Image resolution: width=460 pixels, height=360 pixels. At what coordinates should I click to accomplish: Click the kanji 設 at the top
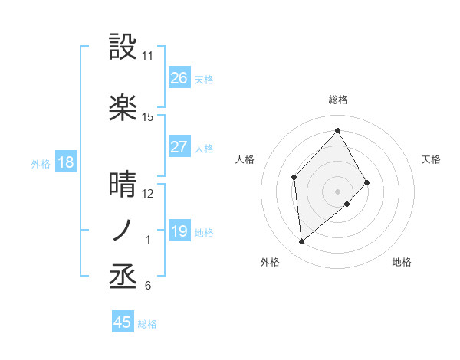point(123,47)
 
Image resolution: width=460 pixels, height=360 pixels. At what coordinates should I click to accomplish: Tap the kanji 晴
point(123,185)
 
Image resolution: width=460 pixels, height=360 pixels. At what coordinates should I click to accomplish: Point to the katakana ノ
point(123,230)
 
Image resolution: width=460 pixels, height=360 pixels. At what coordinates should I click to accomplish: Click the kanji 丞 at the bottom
point(123,277)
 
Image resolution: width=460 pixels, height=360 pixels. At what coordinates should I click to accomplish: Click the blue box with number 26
point(179,78)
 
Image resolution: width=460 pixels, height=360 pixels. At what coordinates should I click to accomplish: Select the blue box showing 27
point(179,147)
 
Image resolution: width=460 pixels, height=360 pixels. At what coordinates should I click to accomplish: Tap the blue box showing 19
point(179,231)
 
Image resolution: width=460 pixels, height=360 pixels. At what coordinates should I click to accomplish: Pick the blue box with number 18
point(65,162)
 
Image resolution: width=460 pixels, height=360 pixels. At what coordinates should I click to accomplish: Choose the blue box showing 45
point(123,322)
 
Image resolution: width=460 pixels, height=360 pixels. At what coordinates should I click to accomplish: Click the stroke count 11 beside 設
point(147,56)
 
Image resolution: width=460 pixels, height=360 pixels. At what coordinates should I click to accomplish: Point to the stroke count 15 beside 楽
point(147,117)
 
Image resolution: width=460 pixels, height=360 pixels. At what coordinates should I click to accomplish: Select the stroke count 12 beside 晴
point(147,194)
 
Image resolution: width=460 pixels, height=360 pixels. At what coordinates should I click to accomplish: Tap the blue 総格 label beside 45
point(147,324)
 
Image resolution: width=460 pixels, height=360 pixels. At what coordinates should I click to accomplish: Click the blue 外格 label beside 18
point(41,163)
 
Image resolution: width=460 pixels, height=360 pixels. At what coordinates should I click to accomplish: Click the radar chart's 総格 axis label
point(337,100)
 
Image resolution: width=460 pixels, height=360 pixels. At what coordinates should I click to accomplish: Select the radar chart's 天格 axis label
point(432,159)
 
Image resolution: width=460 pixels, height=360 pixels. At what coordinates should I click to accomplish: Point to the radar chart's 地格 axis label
point(402,262)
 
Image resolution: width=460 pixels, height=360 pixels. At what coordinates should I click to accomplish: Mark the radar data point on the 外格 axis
point(302,242)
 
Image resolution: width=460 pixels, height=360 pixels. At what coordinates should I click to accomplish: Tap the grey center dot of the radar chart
point(337,190)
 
